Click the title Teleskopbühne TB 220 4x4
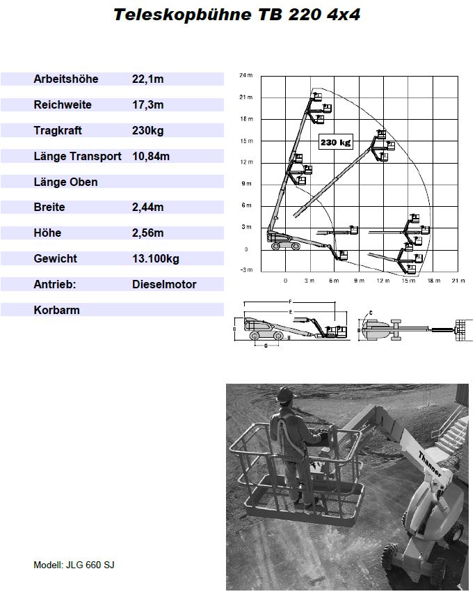[236, 15]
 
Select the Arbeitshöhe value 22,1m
[147, 79]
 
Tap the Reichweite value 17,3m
[147, 105]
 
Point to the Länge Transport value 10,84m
[151, 157]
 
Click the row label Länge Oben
[65, 182]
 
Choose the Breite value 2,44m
[147, 208]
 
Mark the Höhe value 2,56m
[147, 233]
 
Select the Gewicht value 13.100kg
[155, 259]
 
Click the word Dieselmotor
[164, 285]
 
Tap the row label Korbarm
[56, 311]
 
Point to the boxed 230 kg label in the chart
[335, 142]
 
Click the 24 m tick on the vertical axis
[245, 75]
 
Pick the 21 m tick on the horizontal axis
[458, 281]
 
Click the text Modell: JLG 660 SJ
[74, 565]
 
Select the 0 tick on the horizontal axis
[285, 281]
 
